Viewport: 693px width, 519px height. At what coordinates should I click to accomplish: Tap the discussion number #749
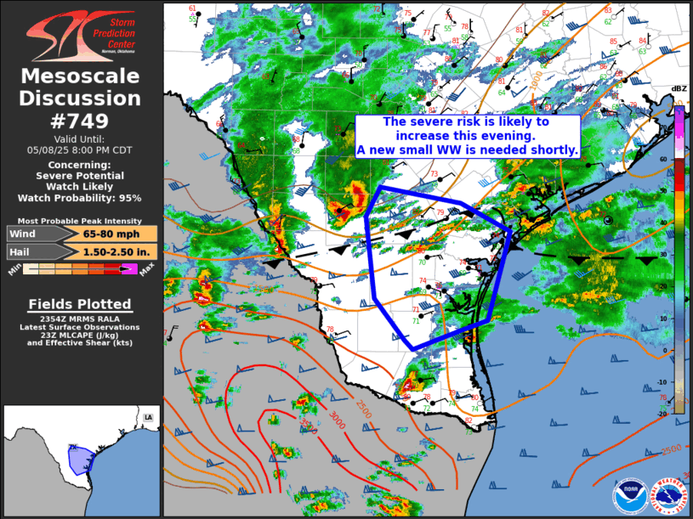81,121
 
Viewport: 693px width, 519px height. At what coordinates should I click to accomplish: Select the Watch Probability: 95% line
81,198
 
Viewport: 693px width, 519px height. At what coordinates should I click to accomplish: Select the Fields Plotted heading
80,304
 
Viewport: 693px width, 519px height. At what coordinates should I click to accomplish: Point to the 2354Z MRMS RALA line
80,319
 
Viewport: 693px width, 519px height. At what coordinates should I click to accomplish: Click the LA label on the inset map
149,417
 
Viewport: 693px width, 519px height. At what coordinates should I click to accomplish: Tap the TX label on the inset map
72,448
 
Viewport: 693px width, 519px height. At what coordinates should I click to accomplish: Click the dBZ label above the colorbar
679,88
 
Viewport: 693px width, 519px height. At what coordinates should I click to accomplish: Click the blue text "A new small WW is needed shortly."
468,149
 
